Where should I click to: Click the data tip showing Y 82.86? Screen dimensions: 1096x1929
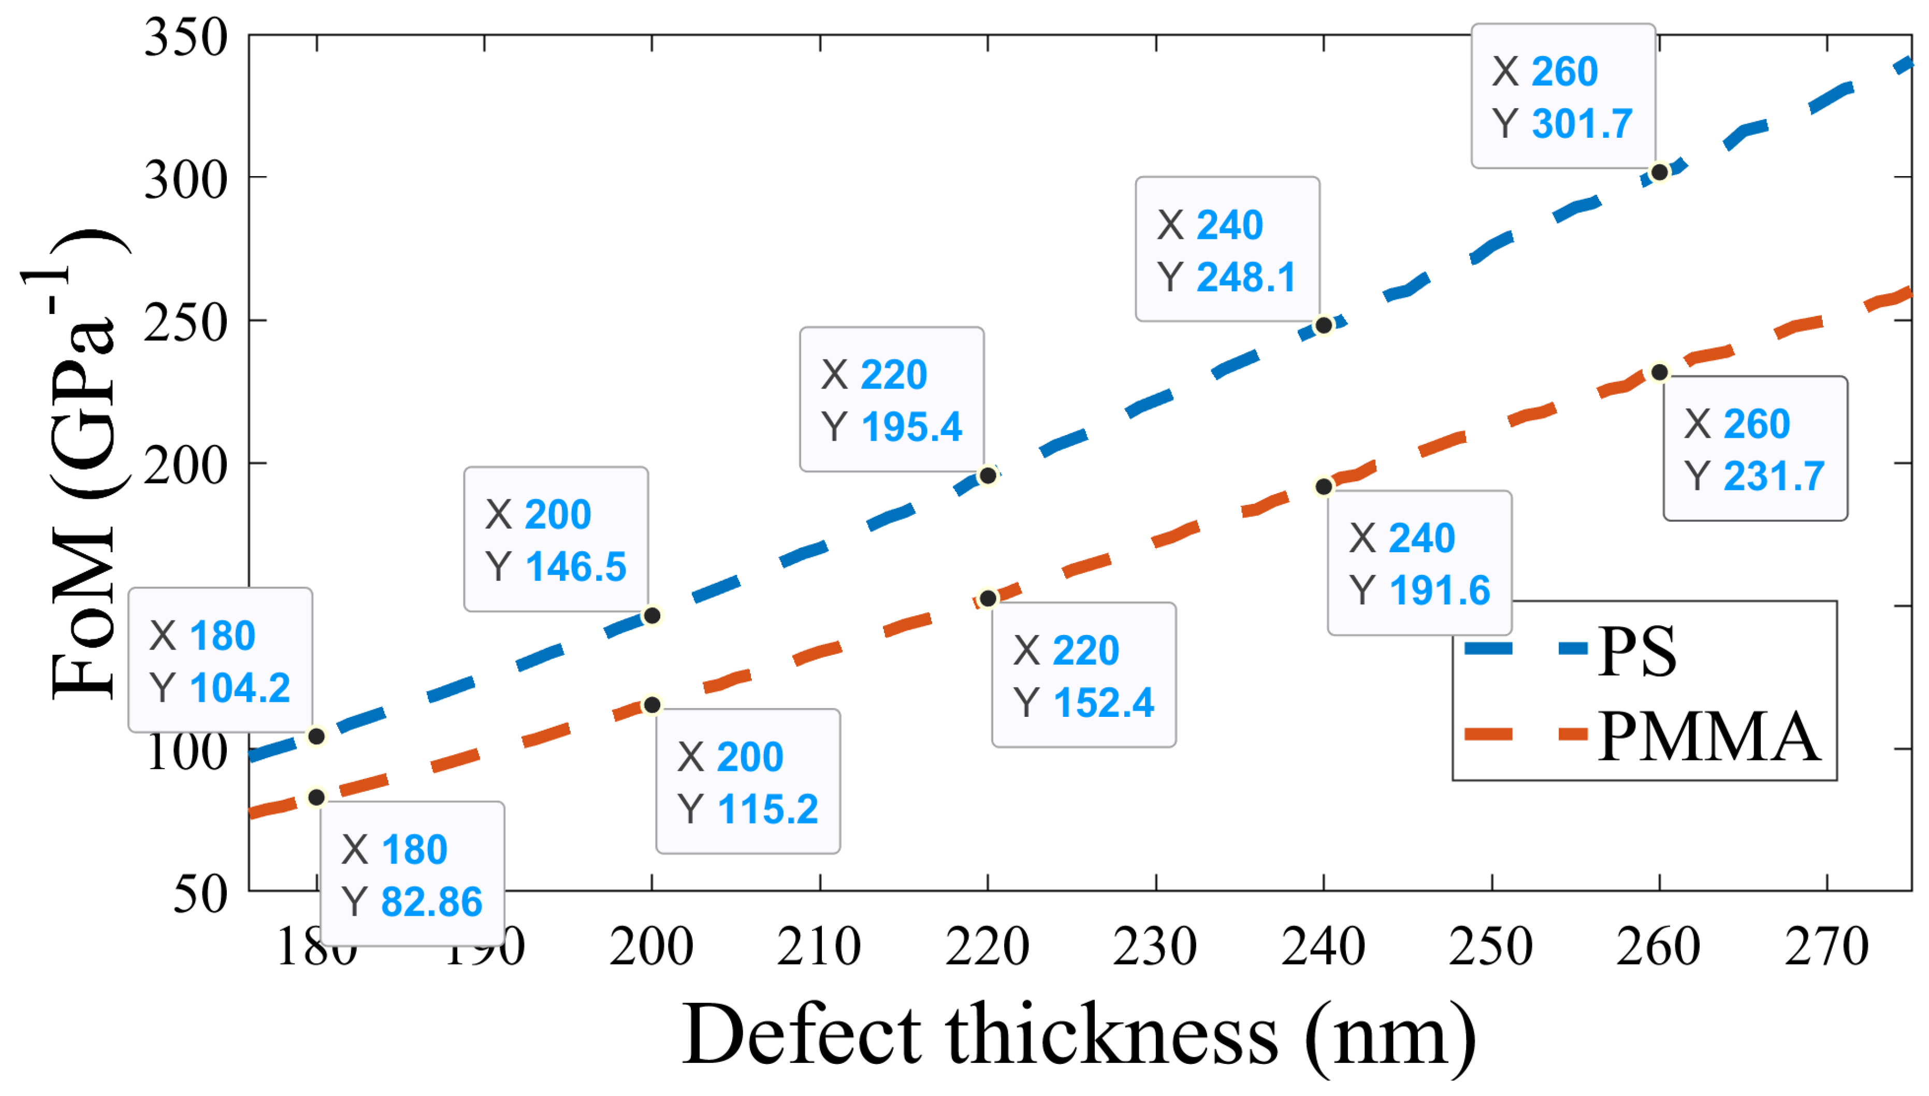coord(412,875)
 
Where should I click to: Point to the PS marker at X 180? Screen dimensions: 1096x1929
coord(317,736)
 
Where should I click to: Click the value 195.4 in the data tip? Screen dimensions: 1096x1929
coord(911,427)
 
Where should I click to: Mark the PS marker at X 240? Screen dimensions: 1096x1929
coord(1323,325)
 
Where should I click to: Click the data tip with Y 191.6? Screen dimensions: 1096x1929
coord(1419,563)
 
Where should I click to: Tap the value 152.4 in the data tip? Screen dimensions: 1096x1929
coord(1104,703)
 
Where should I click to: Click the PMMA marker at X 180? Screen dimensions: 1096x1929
coord(317,797)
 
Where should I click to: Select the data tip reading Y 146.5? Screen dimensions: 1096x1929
coord(556,539)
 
